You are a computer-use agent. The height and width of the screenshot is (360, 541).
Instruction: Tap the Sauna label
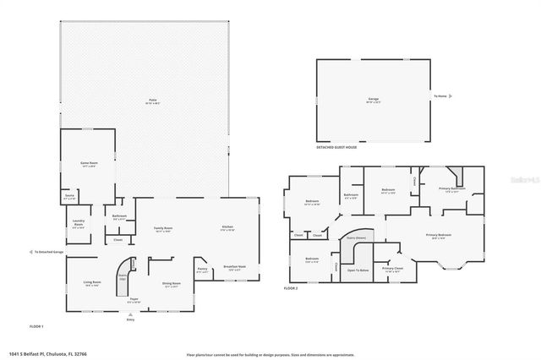70,199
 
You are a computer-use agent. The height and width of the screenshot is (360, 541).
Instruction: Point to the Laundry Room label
79,225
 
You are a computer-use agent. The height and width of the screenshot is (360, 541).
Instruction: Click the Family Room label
163,229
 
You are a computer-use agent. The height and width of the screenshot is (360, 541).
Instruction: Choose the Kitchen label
227,228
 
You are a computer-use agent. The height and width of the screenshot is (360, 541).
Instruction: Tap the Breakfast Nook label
234,267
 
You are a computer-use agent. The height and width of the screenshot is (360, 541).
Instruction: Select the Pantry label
202,270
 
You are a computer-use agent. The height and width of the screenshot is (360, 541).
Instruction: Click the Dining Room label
170,285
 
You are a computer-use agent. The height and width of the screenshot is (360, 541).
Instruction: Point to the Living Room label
91,285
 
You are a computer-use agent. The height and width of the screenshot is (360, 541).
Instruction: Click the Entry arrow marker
130,318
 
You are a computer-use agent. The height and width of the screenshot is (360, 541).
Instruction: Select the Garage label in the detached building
373,100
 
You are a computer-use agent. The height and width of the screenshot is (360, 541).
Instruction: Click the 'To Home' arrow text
440,96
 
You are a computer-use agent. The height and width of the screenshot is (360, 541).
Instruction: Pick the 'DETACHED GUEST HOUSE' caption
336,147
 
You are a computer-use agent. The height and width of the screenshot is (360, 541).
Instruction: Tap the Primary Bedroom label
438,236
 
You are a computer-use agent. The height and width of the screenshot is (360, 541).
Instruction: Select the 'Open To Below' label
358,270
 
